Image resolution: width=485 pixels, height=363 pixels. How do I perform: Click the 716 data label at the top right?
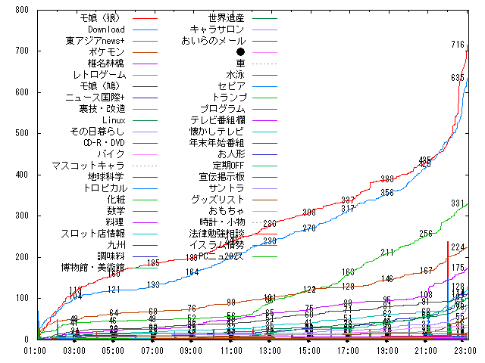point(458,45)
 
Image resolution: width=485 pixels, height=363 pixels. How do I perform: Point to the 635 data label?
point(458,78)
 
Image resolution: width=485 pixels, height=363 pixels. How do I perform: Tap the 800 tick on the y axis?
point(21,10)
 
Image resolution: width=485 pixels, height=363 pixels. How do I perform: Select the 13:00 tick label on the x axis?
point(271,350)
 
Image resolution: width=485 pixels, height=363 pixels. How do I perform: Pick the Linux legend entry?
point(114,119)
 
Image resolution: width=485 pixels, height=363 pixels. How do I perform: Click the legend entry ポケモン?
point(105,51)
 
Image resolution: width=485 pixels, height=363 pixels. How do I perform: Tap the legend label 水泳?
point(236,74)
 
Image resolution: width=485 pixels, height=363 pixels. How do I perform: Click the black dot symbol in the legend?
point(240,51)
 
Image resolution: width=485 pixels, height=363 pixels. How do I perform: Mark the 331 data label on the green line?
point(458,203)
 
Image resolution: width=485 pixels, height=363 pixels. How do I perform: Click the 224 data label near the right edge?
point(458,247)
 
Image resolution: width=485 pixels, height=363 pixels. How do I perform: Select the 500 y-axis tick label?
point(21,133)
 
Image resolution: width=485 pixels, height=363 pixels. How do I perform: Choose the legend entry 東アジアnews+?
point(95,40)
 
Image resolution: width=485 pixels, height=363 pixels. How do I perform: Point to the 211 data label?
point(387,252)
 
